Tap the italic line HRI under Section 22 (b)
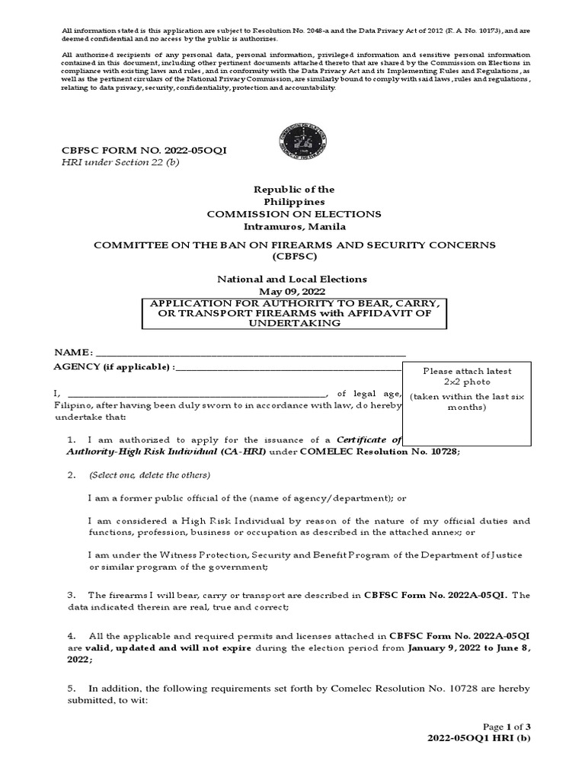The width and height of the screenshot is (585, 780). pyautogui.click(x=120, y=163)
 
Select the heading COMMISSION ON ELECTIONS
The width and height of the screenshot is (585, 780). pyautogui.click(x=294, y=214)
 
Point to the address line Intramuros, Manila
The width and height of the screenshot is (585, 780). pyautogui.click(x=294, y=226)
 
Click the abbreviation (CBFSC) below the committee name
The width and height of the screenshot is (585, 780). pyautogui.click(x=294, y=257)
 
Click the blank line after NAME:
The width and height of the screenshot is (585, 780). pyautogui.click(x=251, y=354)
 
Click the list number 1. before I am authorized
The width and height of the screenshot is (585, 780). pyautogui.click(x=72, y=440)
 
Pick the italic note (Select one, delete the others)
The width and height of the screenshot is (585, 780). pyautogui.click(x=149, y=475)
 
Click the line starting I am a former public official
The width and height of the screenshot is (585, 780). pyautogui.click(x=247, y=498)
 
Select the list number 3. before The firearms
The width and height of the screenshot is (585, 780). pyautogui.click(x=72, y=595)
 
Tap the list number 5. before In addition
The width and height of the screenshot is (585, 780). pyautogui.click(x=72, y=689)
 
